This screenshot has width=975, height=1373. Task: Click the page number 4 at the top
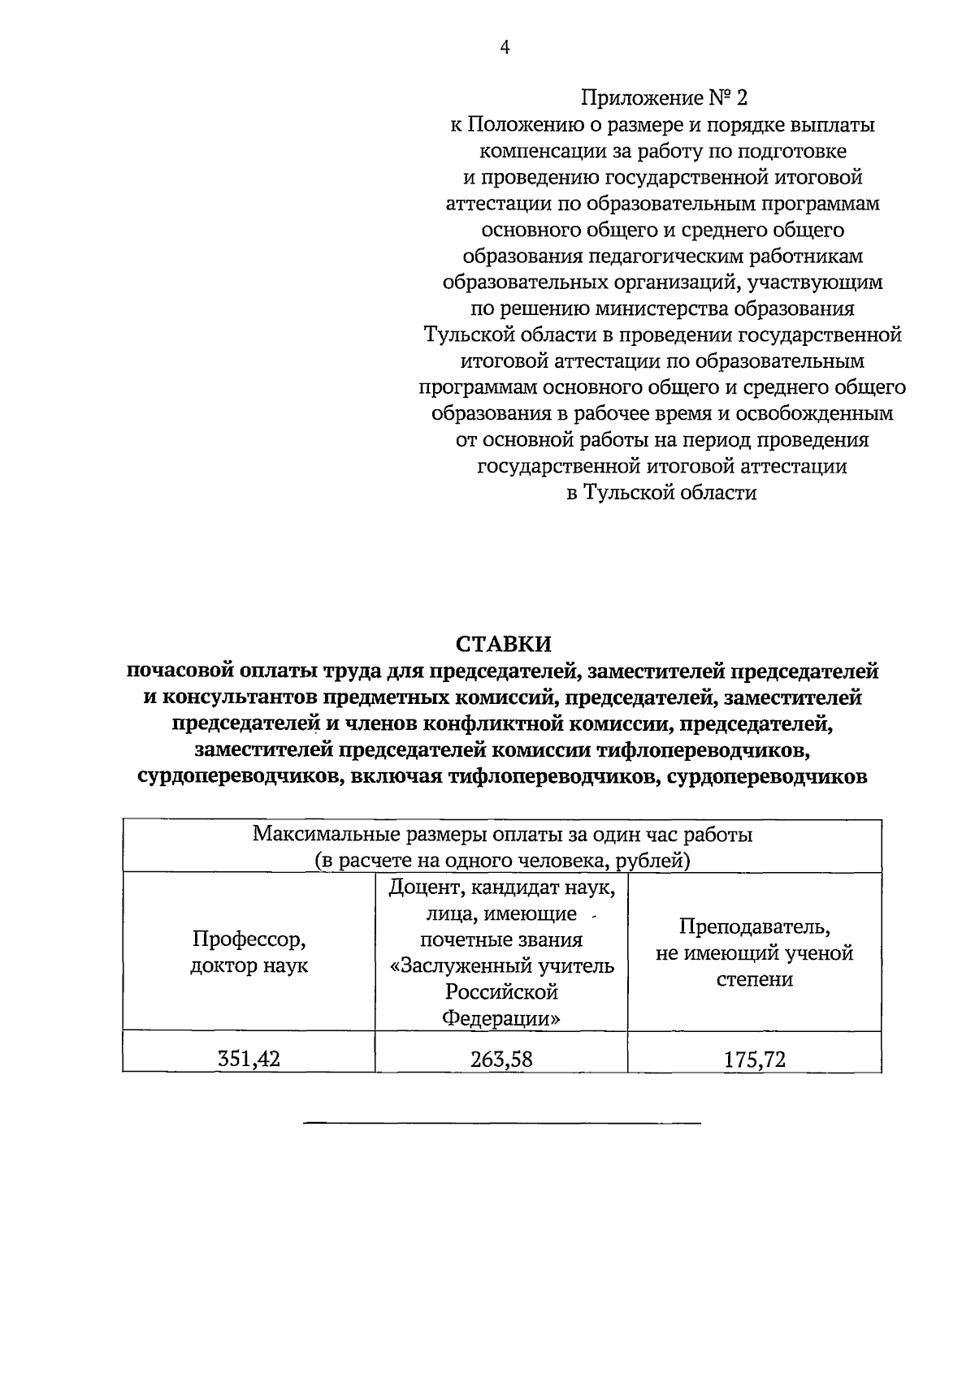pos(505,48)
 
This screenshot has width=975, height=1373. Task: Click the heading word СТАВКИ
pos(503,644)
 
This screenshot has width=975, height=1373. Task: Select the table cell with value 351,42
pos(249,1058)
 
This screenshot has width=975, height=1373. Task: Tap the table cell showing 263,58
pos(501,1058)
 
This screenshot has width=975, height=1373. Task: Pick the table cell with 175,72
pos(755,1058)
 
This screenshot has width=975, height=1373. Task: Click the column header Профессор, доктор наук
pos(249,952)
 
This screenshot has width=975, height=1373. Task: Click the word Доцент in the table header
pos(427,887)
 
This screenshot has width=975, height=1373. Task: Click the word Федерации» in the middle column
pos(501,1018)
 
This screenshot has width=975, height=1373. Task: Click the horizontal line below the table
pos(501,1124)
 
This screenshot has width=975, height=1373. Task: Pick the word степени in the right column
pos(755,979)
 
